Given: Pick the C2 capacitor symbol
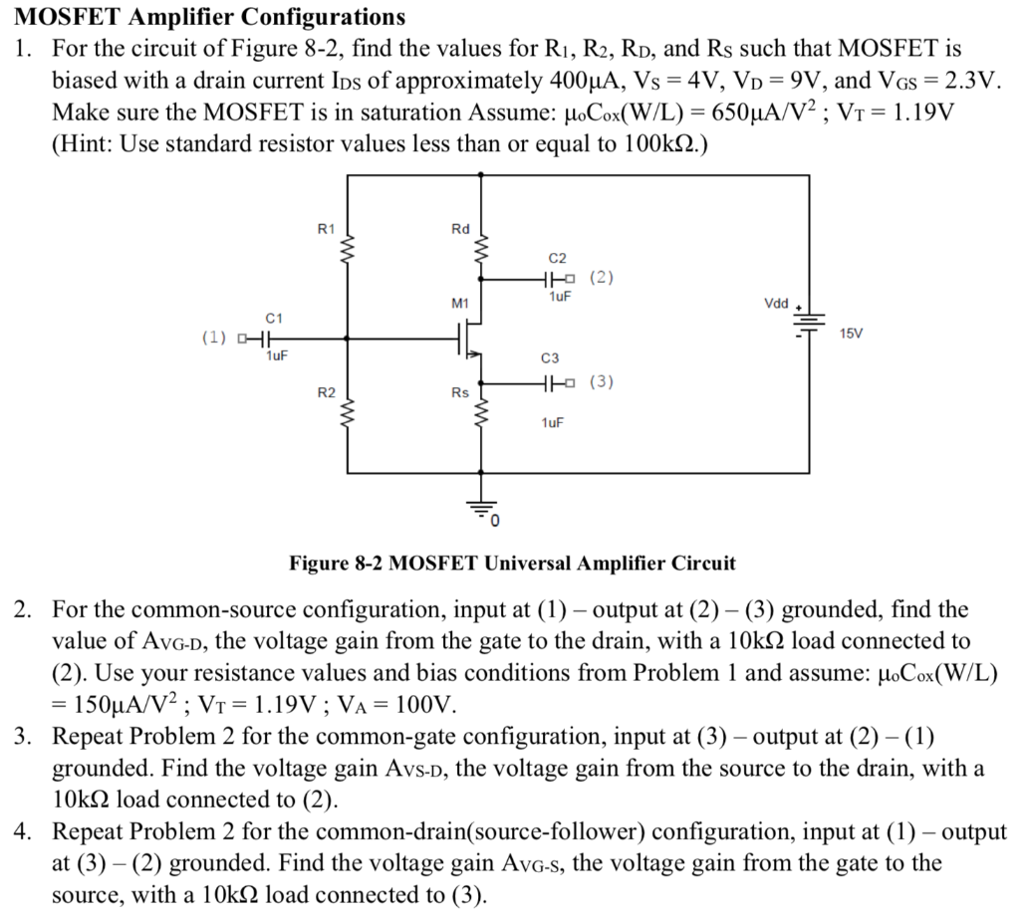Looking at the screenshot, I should pos(553,278).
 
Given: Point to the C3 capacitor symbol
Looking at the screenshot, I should pos(553,382).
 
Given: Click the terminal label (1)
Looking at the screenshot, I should pos(214,338).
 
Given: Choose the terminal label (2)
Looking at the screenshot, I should pos(603,278).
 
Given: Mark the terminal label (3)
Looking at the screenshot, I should pos(603,382).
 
